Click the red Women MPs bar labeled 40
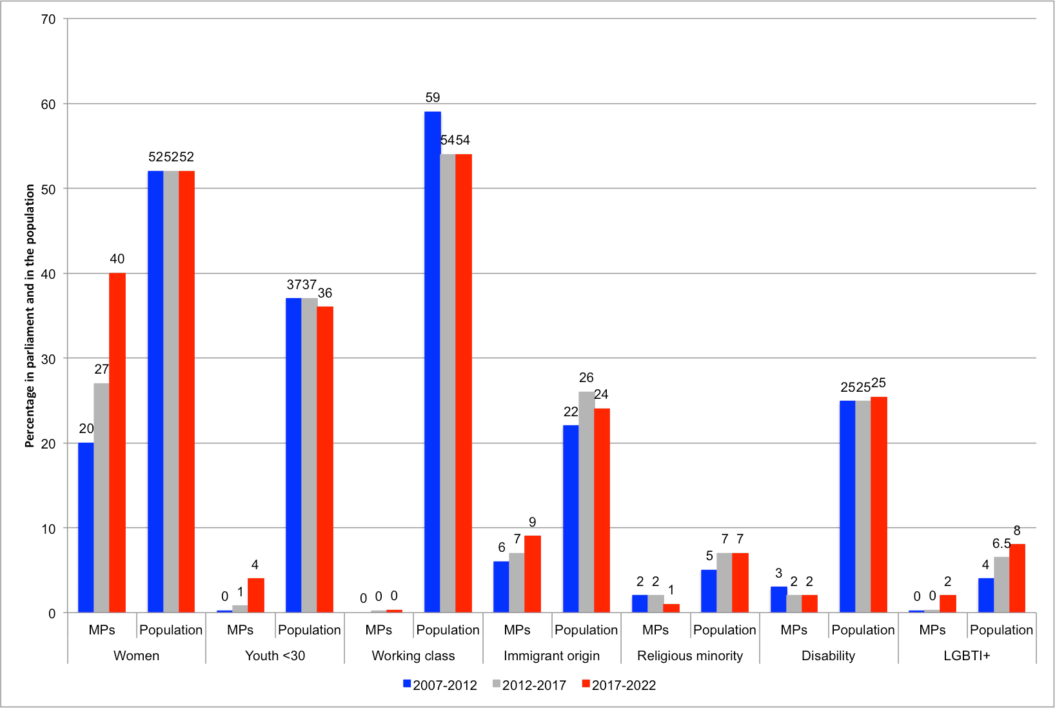click(x=117, y=443)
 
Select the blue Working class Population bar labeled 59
click(x=433, y=362)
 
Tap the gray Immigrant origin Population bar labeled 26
click(x=586, y=502)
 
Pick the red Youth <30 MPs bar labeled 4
click(x=256, y=595)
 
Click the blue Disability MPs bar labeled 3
click(x=778, y=600)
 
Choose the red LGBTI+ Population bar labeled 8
click(x=1017, y=578)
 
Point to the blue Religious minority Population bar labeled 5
click(x=709, y=591)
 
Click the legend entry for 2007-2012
click(x=440, y=685)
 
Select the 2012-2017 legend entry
click(x=529, y=685)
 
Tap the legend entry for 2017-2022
click(x=619, y=685)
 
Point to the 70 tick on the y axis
click(x=48, y=19)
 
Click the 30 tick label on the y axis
click(x=48, y=359)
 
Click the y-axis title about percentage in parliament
click(x=30, y=316)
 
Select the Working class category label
click(x=413, y=656)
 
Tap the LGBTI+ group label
click(x=967, y=656)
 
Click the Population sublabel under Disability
click(x=863, y=630)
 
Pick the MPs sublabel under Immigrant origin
click(x=517, y=630)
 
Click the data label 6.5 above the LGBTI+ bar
click(x=1001, y=543)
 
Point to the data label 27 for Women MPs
click(x=102, y=369)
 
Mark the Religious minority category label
click(x=690, y=656)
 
